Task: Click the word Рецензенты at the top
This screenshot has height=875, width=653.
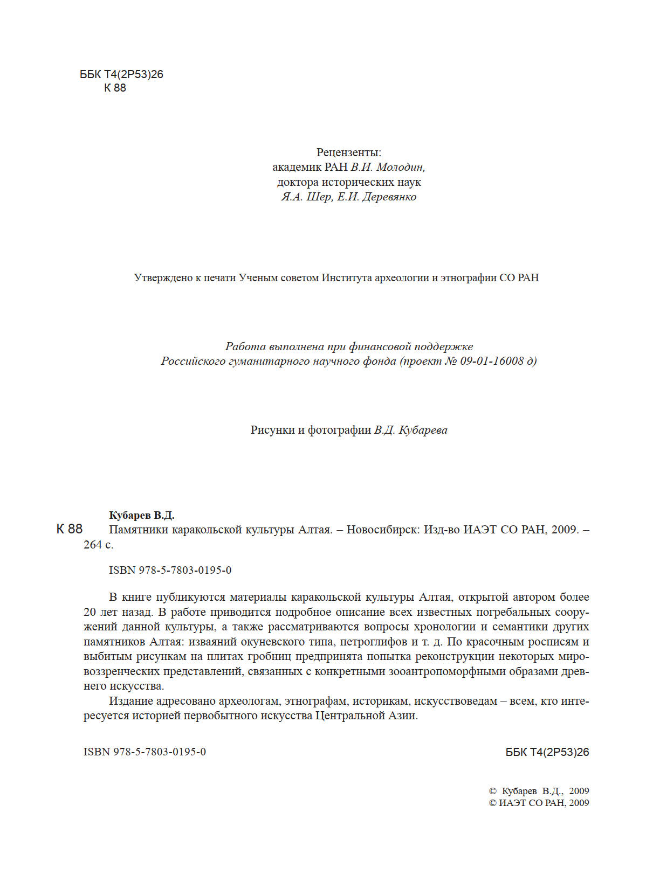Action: pyautogui.click(x=348, y=152)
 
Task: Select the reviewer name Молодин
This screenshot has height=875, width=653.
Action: pyautogui.click(x=401, y=167)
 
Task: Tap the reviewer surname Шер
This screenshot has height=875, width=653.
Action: pyautogui.click(x=319, y=197)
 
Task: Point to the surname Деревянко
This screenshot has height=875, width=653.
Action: pyautogui.click(x=389, y=197)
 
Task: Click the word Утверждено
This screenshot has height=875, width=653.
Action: pyautogui.click(x=163, y=278)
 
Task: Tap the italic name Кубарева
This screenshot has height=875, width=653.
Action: pyautogui.click(x=423, y=430)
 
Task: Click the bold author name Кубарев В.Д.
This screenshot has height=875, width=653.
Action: pyautogui.click(x=142, y=515)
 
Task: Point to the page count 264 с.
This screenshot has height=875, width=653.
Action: pyautogui.click(x=99, y=545)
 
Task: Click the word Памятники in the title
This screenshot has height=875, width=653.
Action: pyautogui.click(x=138, y=530)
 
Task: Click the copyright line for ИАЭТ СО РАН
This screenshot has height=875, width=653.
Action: pyautogui.click(x=539, y=803)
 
